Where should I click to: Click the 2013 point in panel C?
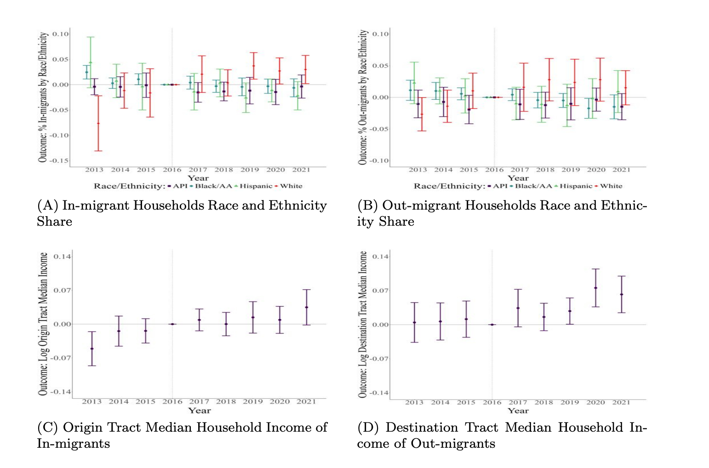click(x=92, y=348)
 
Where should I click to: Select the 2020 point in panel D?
click(x=595, y=288)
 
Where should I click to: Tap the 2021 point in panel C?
click(x=306, y=307)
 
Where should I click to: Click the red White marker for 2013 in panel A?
click(x=98, y=123)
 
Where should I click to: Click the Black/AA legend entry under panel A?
click(x=213, y=186)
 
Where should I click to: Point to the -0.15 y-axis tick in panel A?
click(x=60, y=160)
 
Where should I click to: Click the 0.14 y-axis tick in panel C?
click(x=62, y=257)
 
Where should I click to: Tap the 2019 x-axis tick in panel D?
click(x=570, y=402)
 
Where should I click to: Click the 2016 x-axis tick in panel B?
click(x=494, y=170)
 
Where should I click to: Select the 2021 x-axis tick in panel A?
click(x=301, y=170)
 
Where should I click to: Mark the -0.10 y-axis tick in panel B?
click(x=380, y=160)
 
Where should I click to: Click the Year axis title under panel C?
click(x=199, y=411)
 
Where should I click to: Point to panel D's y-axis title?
click(x=363, y=324)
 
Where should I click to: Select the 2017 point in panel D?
click(x=518, y=308)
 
